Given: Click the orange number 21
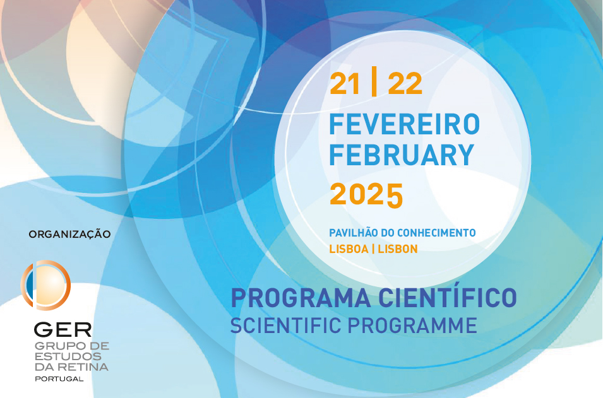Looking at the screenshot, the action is coord(345,84).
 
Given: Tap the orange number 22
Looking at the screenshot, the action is coord(405,84).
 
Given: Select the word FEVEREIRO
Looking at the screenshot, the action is coord(405,124).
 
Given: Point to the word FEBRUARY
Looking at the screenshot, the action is coord(402,155).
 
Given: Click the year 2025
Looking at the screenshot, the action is coord(366,194).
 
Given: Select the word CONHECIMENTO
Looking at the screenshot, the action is coord(436,233).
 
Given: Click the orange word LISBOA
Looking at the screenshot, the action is coord(349,249).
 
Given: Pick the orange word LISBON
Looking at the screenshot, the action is coord(398,249).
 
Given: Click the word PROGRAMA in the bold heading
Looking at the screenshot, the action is coord(301,298).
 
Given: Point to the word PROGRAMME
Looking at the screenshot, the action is coord(412,325).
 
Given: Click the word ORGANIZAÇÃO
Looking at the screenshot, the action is coord(69,235).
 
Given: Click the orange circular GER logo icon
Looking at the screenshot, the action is coord(45,285).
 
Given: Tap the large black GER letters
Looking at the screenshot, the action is coord(63,330).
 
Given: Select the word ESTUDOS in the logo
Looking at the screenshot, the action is coord(68,356).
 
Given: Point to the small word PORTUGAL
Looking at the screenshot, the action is coord(59,379).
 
